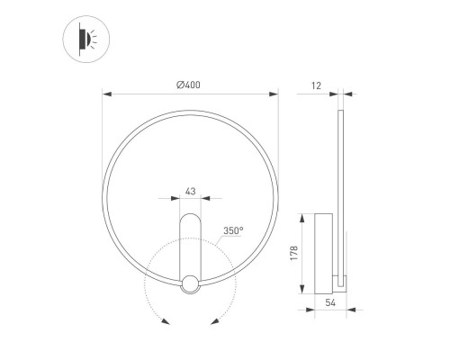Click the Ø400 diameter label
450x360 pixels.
189,84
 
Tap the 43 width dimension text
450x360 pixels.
190,191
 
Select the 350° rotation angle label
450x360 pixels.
233,231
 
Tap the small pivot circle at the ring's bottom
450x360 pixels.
190,285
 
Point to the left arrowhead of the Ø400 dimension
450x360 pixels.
106,93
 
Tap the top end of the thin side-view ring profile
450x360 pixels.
341,112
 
